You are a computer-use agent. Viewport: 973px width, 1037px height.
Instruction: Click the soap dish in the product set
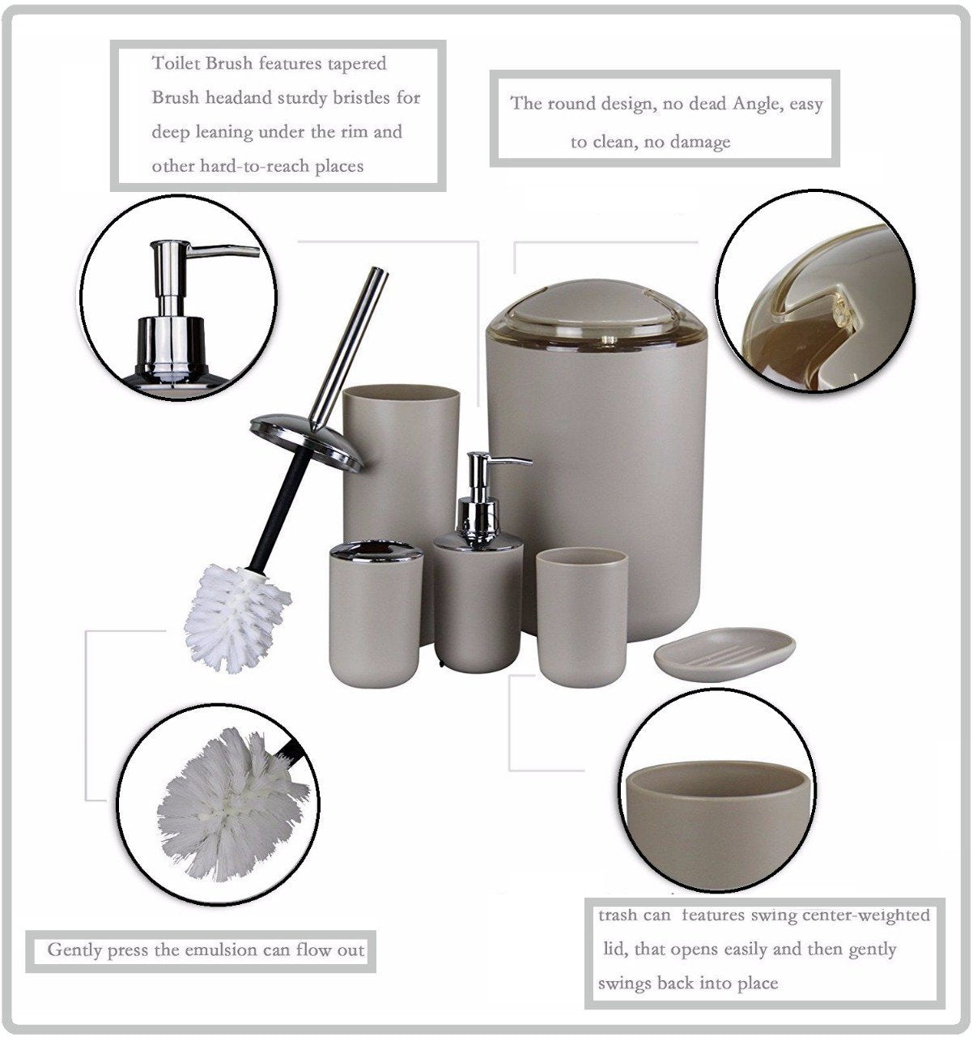click(x=724, y=655)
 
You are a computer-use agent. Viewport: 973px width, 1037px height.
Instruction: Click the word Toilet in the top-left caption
click(x=172, y=64)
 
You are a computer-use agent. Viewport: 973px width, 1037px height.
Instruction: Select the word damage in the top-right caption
click(x=701, y=143)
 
